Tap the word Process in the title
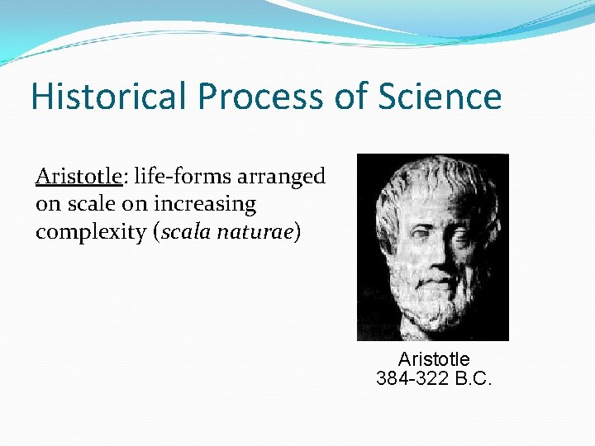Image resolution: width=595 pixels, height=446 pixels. coord(252,97)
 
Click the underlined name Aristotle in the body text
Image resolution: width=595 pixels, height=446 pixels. coord(79,177)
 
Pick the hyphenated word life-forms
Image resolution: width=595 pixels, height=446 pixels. coord(180,177)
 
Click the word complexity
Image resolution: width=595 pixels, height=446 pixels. coord(91,234)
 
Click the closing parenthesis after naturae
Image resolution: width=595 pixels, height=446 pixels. coord(297,233)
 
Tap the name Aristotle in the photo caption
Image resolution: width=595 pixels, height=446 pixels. coord(434,359)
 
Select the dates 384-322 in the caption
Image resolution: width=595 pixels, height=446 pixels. coord(412,379)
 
